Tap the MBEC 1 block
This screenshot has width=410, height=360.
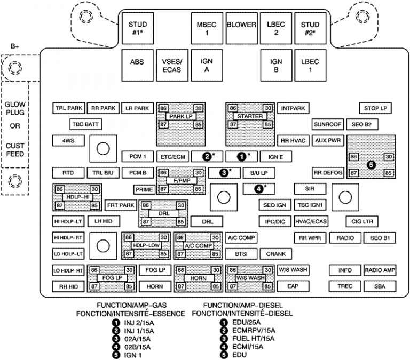tap(207, 28)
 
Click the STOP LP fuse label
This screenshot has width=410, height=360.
tap(375, 108)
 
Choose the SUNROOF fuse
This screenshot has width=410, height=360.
tap(327, 124)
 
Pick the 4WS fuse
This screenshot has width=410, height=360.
tap(67, 141)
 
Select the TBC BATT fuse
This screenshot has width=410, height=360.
tap(85, 124)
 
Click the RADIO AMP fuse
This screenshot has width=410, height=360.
tap(380, 270)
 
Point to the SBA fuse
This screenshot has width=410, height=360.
tap(380, 286)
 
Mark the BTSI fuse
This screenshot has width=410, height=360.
tap(241, 254)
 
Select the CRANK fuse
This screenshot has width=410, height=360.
tap(276, 254)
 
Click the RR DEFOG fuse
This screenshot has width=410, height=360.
tap(327, 173)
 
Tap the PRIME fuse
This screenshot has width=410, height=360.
tap(144, 189)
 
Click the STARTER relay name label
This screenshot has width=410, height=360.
tap(250, 116)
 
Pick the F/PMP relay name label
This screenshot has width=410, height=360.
tap(181, 181)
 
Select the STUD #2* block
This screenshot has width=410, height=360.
tap(310, 28)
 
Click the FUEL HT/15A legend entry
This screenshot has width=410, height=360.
tap(251, 338)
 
